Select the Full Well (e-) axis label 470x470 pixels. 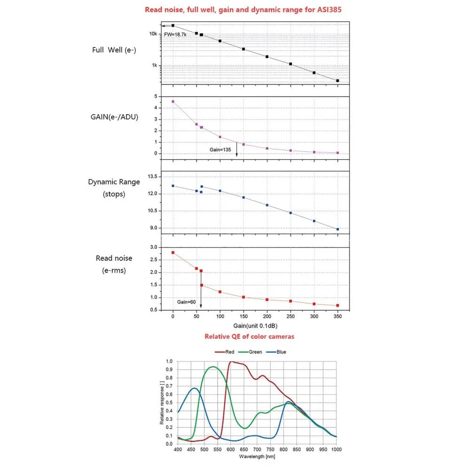[114, 49]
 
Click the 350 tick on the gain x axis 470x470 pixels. [337, 317]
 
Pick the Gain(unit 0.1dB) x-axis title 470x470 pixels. [255, 325]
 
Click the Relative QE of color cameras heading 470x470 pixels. [249, 337]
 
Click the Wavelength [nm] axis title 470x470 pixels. [257, 456]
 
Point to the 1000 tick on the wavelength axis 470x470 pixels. [336, 449]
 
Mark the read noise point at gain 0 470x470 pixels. [173, 252]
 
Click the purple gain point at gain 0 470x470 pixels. [173, 102]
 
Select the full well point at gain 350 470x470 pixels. [337, 81]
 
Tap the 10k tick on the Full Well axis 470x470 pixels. [153, 34]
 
